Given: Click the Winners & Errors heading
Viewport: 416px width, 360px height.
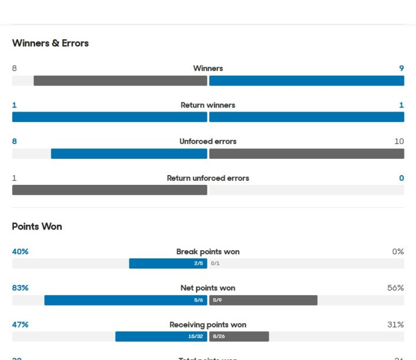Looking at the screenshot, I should pyautogui.click(x=50, y=43).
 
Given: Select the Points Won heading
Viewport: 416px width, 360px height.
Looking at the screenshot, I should pyautogui.click(x=37, y=227).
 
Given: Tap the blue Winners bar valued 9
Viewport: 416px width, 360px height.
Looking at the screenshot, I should pyautogui.click(x=306, y=80).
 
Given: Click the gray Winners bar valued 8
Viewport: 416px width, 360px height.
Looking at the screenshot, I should pyautogui.click(x=120, y=80).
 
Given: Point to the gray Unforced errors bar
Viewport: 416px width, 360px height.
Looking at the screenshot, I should pyautogui.click(x=306, y=154).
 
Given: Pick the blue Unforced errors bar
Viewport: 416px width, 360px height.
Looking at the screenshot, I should pyautogui.click(x=129, y=154).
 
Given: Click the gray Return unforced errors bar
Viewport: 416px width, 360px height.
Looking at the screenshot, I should pyautogui.click(x=110, y=190).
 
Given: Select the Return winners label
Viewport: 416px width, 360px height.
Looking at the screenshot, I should pyautogui.click(x=208, y=105).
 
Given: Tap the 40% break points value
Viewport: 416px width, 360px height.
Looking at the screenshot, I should pyautogui.click(x=20, y=251).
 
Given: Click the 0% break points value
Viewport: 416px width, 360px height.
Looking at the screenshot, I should pyautogui.click(x=398, y=251).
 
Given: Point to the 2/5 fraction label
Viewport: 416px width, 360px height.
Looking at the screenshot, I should pyautogui.click(x=198, y=263).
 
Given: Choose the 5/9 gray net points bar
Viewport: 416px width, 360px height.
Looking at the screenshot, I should pyautogui.click(x=263, y=300).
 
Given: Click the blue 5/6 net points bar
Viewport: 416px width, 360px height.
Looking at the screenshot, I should pyautogui.click(x=125, y=300).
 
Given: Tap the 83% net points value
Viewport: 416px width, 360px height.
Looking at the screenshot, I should pyautogui.click(x=20, y=288).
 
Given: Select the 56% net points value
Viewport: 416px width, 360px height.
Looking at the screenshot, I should pyautogui.click(x=396, y=288).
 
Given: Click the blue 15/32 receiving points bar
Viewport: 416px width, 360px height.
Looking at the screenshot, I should pyautogui.click(x=161, y=336).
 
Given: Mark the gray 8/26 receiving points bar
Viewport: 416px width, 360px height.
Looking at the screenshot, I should pyautogui.click(x=239, y=336).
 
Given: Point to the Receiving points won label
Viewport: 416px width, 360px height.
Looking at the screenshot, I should pyautogui.click(x=208, y=325).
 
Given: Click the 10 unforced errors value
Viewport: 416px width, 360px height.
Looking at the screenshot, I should pyautogui.click(x=399, y=142).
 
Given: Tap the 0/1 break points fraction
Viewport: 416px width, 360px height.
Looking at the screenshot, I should pyautogui.click(x=216, y=263).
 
